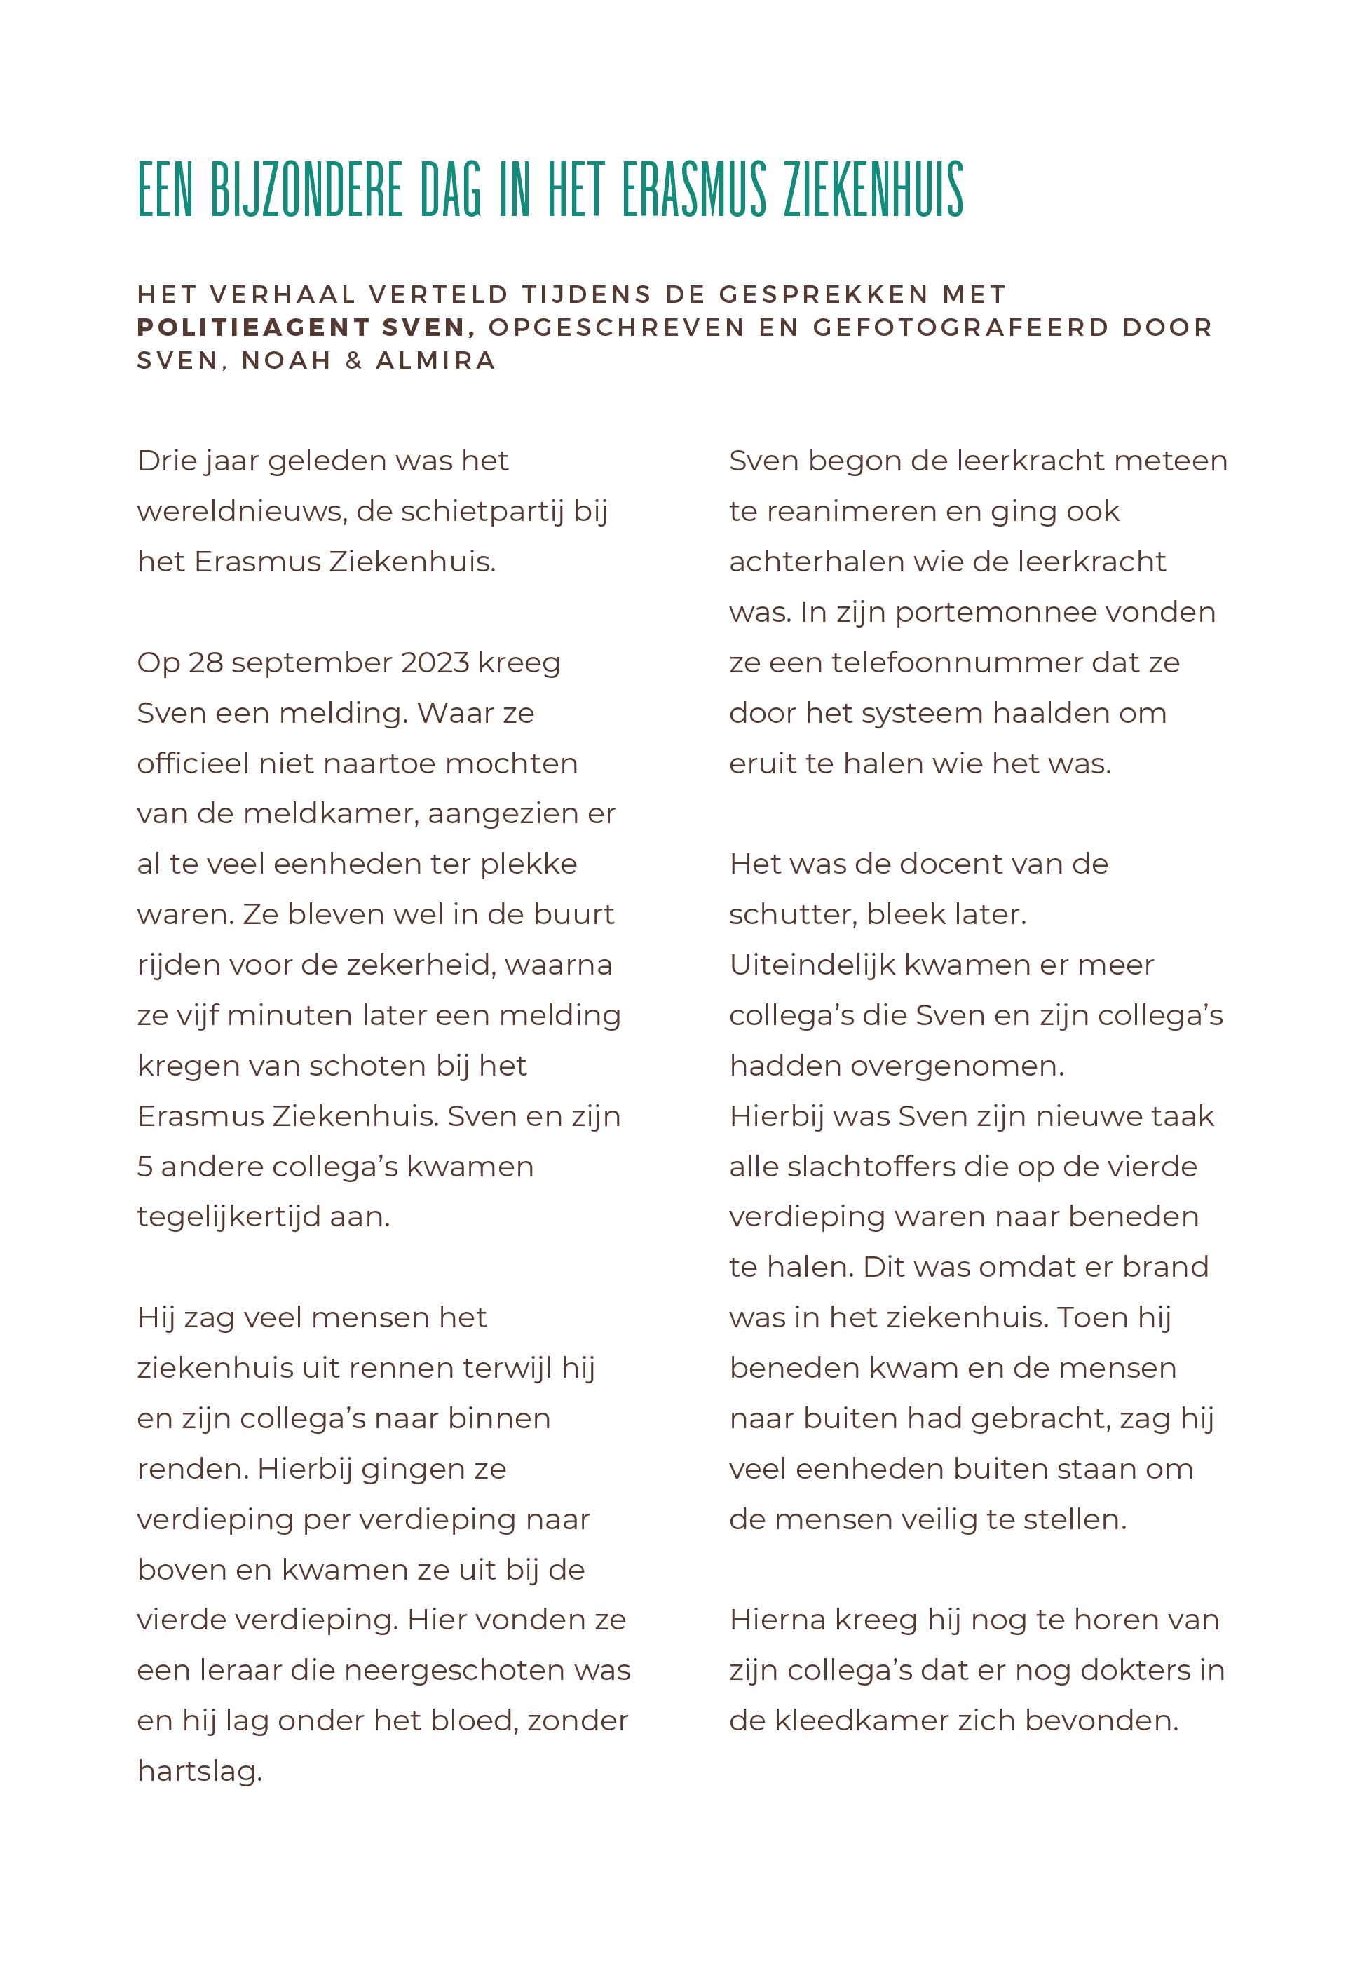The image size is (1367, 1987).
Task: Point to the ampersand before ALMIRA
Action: tap(354, 360)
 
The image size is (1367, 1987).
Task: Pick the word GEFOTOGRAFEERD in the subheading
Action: tap(960, 327)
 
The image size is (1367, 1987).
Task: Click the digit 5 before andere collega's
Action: tap(144, 1167)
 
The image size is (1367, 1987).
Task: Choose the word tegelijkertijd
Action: tap(229, 1217)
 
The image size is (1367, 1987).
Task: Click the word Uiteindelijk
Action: tap(811, 965)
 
